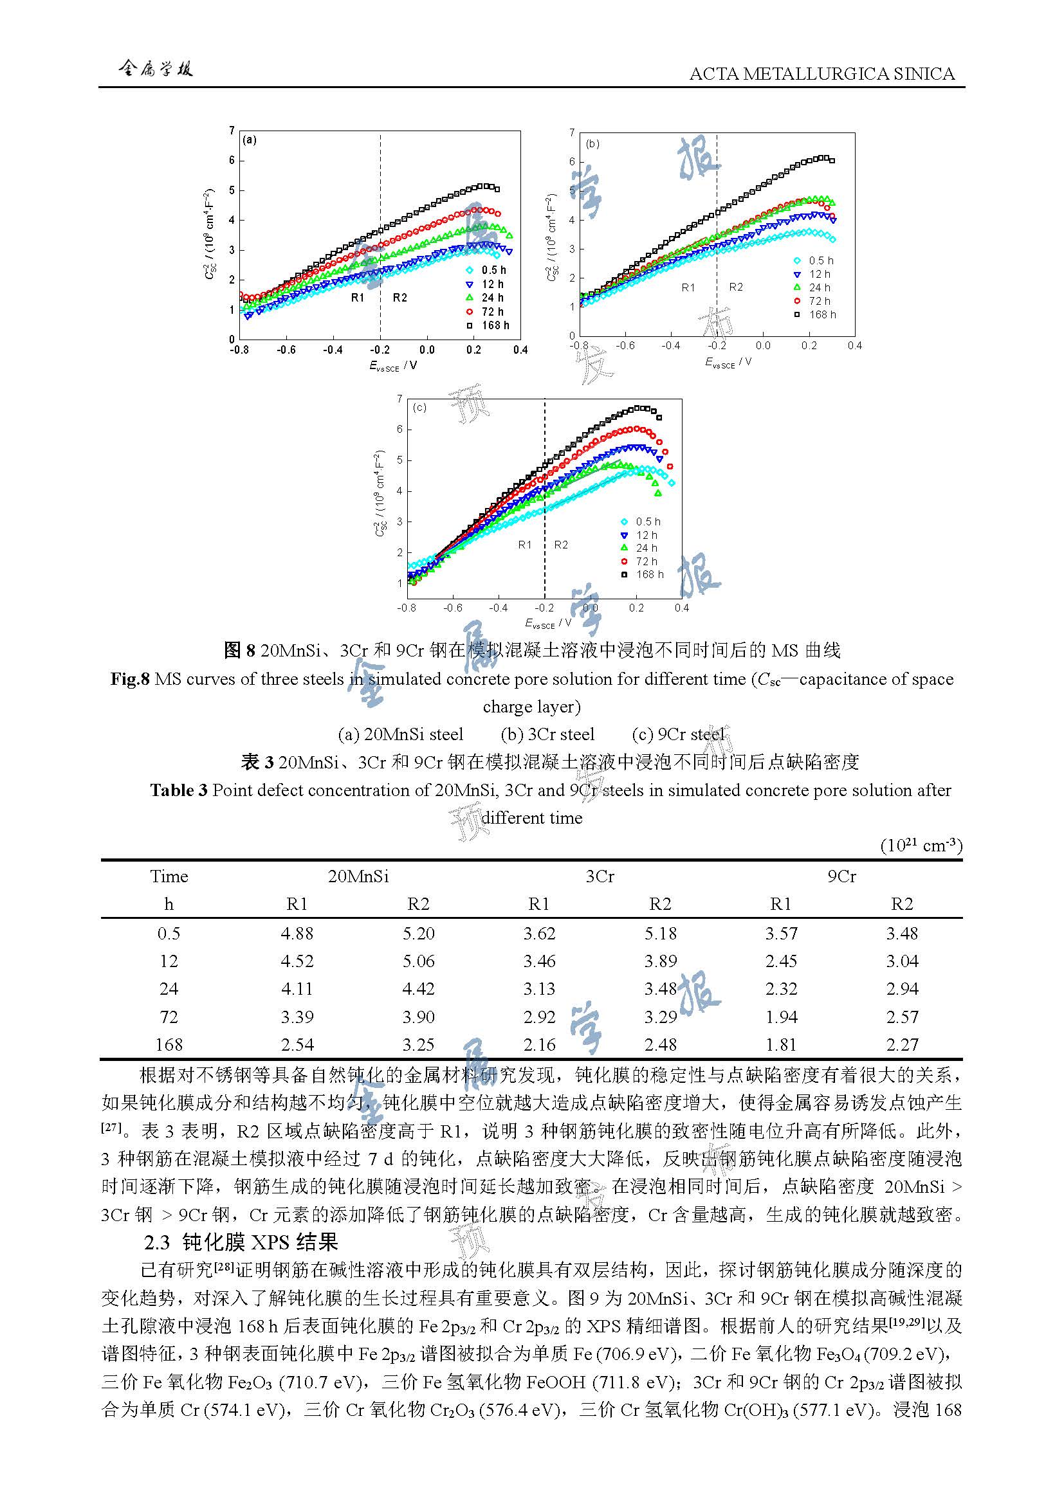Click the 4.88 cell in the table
[x=297, y=933]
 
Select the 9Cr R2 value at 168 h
[x=901, y=1044]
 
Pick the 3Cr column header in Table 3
[x=600, y=876]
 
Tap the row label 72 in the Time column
[x=169, y=1017]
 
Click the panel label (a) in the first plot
[x=250, y=140]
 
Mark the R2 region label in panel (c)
[x=561, y=545]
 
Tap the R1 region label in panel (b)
[x=688, y=287]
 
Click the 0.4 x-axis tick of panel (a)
[x=520, y=350]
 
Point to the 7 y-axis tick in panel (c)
[x=399, y=399]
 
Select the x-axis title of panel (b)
[x=728, y=362]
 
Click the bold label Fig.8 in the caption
[x=130, y=678]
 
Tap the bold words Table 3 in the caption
[x=178, y=790]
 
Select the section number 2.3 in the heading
[x=157, y=1243]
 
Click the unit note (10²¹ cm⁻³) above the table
[x=921, y=846]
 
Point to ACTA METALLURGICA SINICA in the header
[x=821, y=74]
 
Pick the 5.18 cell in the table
[x=660, y=933]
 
